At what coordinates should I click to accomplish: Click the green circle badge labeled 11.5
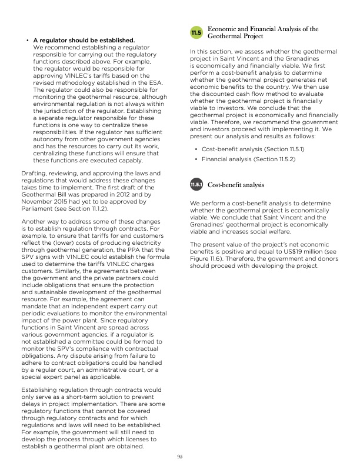tap(196, 32)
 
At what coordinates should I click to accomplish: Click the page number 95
tap(180, 456)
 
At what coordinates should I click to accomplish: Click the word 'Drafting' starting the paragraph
tap(34, 174)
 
